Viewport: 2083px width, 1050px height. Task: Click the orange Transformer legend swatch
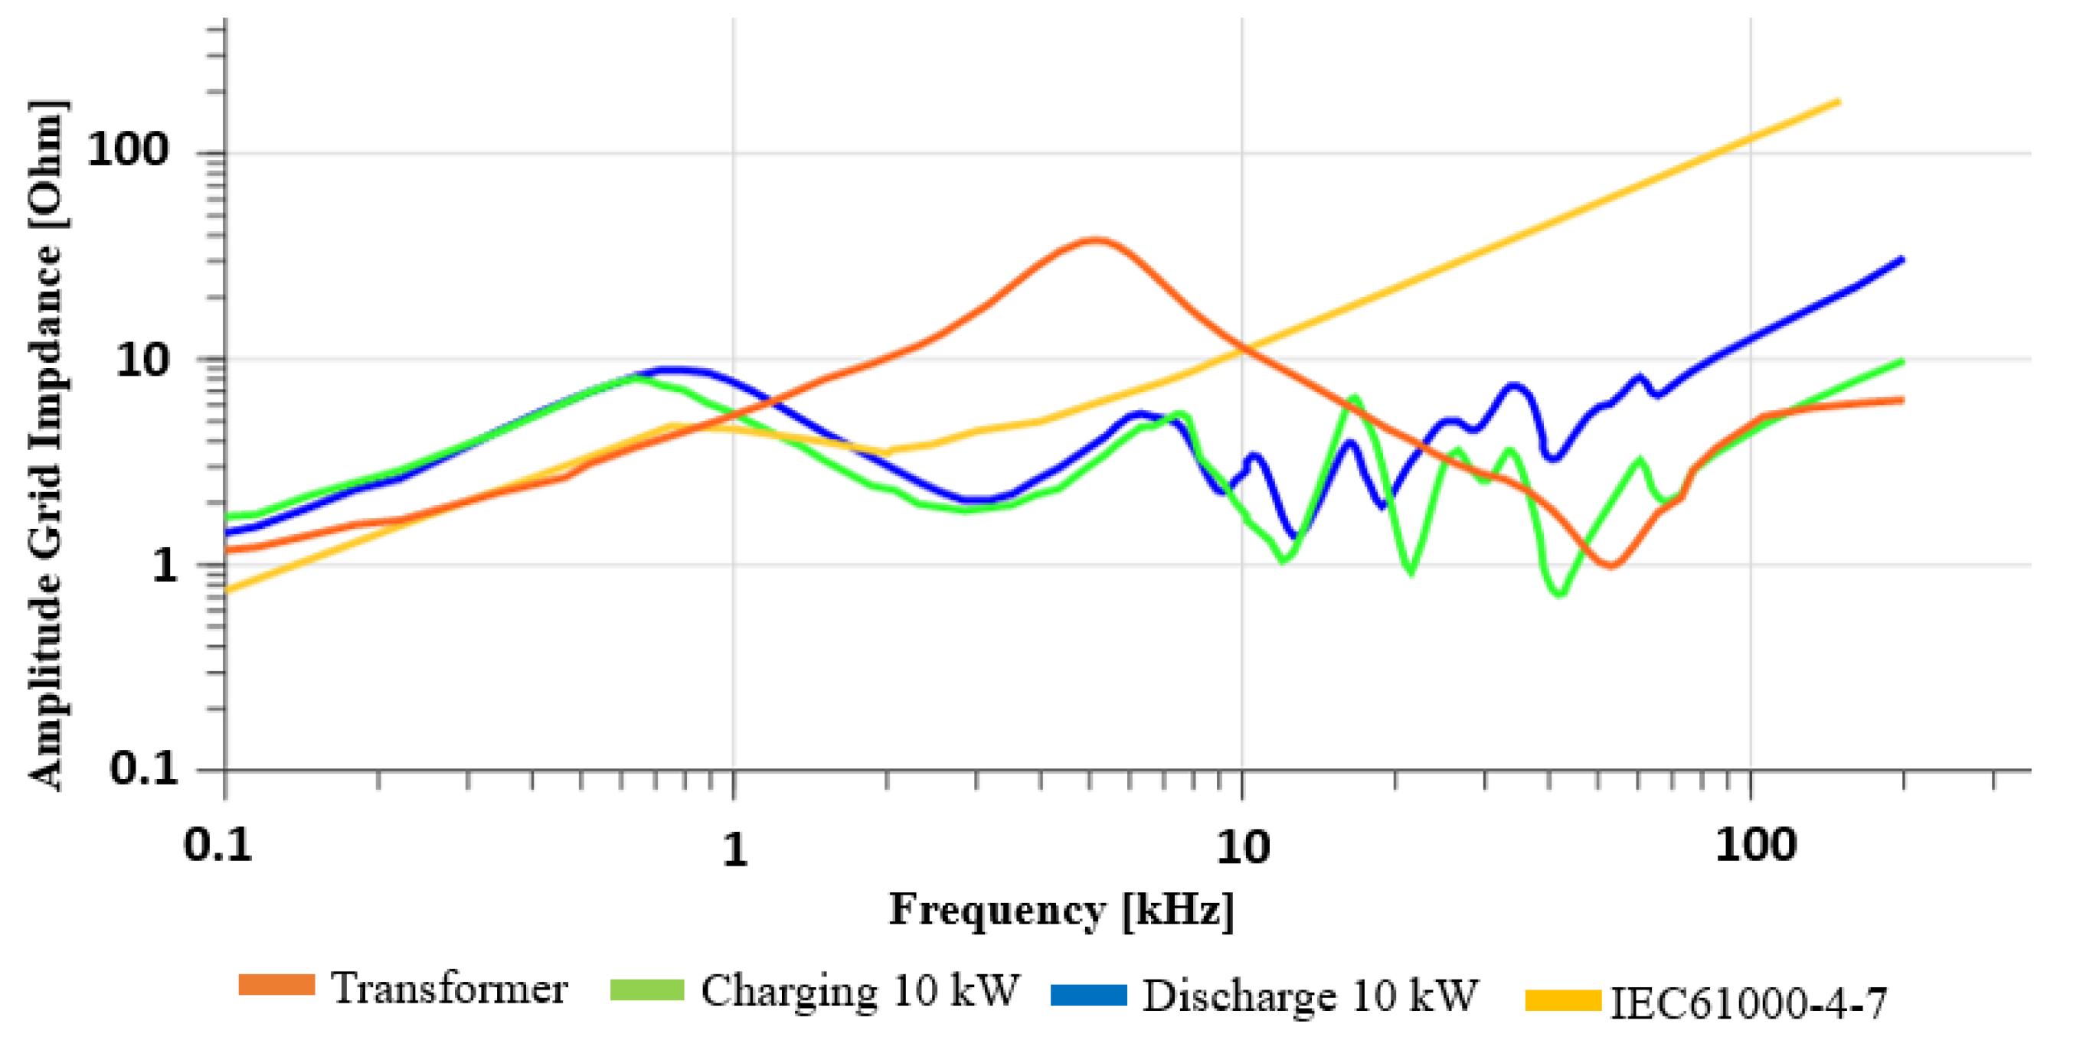pos(276,984)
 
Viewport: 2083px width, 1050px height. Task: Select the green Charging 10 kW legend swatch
pos(647,990)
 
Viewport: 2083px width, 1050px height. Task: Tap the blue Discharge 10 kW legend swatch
pos(1088,994)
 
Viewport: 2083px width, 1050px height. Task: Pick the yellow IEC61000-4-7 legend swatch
pos(1563,1001)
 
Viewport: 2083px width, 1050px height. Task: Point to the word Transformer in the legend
pos(450,989)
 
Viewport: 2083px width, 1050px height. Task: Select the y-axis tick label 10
pos(142,360)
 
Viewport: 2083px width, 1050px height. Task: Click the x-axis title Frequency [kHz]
pos(1061,911)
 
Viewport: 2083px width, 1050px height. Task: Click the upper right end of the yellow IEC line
pos(1838,103)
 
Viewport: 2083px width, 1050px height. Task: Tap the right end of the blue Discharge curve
pos(1902,259)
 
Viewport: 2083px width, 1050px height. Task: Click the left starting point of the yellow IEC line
pos(228,590)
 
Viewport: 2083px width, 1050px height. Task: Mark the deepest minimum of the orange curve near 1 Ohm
pos(1610,565)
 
